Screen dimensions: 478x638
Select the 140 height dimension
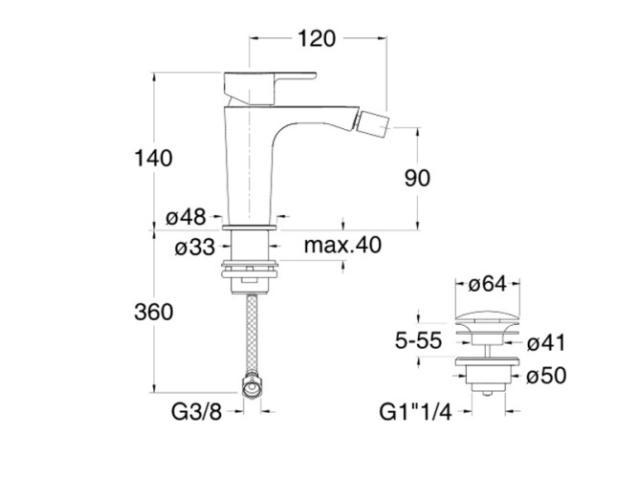pos(153,158)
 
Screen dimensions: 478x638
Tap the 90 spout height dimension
pos(417,178)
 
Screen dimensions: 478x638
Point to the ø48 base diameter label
pos(186,218)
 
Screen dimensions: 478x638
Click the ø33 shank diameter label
pos(195,249)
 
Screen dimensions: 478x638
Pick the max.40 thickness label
pos(342,247)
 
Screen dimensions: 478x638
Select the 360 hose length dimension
pos(153,312)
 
